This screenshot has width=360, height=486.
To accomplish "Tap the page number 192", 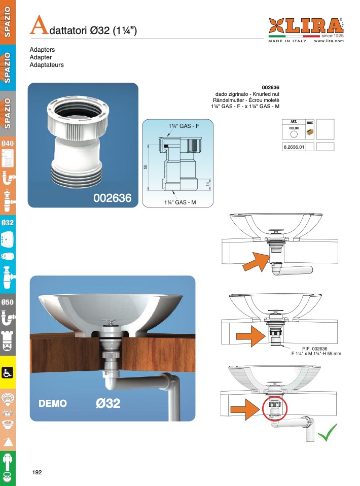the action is click(37, 472).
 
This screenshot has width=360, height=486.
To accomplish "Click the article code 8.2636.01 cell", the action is click(294, 147).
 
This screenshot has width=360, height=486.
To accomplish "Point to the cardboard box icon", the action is click(310, 132).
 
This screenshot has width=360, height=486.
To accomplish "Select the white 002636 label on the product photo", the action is click(113, 198).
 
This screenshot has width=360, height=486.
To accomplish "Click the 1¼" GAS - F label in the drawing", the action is click(184, 126).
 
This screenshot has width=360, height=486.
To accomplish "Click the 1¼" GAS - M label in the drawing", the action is click(180, 202).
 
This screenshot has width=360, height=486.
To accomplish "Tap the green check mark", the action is click(328, 432).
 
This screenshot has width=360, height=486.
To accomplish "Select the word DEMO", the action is click(53, 403).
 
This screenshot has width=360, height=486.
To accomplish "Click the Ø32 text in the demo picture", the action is click(108, 403).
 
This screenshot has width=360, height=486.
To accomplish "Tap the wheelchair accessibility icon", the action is click(7, 372).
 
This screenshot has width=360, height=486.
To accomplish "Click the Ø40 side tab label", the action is click(8, 143).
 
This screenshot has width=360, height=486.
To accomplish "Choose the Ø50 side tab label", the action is click(8, 302).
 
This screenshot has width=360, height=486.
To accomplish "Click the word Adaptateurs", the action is click(47, 65).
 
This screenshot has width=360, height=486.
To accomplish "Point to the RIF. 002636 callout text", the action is click(314, 349).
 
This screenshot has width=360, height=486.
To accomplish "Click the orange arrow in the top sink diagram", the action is click(257, 262).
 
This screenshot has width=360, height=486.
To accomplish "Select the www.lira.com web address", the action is click(329, 41).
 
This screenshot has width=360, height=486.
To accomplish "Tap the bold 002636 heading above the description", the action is click(270, 87).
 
